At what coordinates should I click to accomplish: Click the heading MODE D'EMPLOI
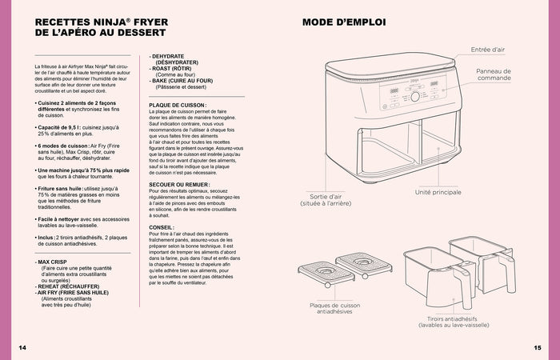tap(343, 22)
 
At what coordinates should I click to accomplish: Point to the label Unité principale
tap(438, 193)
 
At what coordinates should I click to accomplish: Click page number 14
tap(22, 348)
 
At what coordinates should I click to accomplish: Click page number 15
tap(537, 348)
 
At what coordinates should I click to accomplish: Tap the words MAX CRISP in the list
tap(51, 262)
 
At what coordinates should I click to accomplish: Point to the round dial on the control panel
tap(415, 96)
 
